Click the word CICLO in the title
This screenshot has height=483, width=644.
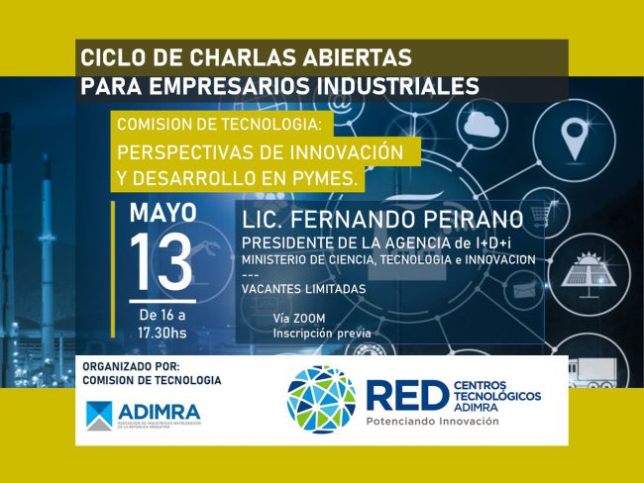[x=109, y=55]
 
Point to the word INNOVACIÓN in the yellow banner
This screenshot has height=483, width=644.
[x=345, y=153]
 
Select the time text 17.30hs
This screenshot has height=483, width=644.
[x=161, y=333]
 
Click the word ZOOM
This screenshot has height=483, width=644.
[x=314, y=319]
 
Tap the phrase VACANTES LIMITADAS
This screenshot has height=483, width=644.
[x=303, y=288]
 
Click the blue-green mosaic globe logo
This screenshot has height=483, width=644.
[x=321, y=398]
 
